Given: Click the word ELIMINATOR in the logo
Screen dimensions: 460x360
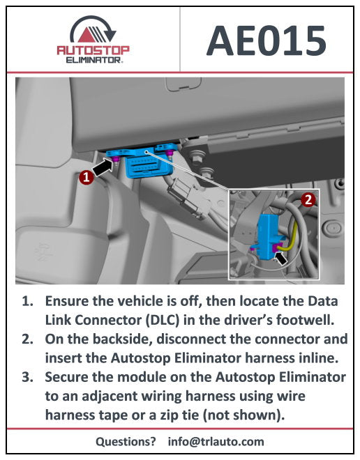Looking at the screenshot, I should (93, 61).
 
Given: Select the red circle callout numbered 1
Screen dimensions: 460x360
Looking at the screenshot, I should (85, 178).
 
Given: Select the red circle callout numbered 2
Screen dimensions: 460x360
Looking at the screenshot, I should (308, 199).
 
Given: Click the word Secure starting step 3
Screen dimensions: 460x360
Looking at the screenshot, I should (69, 378).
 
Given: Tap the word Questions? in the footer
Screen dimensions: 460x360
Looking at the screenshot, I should (126, 441).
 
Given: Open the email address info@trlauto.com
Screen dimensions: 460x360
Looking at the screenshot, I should (216, 441).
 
